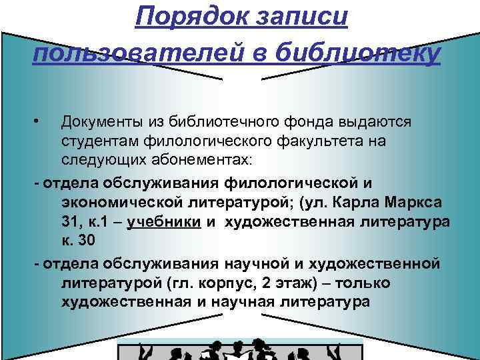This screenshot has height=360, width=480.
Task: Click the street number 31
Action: pos(69,221)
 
